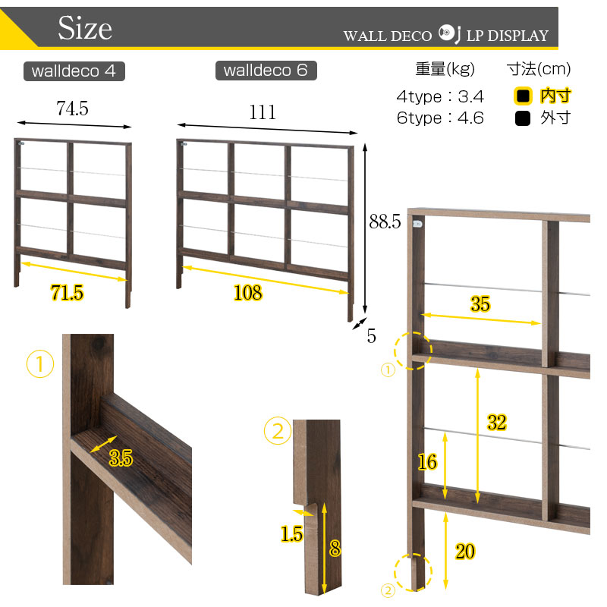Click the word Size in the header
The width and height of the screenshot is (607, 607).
[85, 28]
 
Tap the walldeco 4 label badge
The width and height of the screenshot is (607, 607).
[74, 71]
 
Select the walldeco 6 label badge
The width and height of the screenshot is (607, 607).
[266, 71]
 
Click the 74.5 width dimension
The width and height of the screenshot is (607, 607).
[72, 108]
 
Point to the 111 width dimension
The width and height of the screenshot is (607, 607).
[263, 112]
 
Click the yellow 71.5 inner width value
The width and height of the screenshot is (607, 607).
[67, 293]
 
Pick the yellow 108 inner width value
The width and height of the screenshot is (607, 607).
[248, 293]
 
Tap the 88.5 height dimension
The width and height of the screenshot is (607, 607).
[385, 222]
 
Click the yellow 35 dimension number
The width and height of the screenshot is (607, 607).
[480, 304]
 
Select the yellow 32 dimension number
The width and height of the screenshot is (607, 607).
[497, 422]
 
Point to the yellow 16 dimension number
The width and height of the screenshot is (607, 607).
[427, 462]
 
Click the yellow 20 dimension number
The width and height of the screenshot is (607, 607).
[464, 552]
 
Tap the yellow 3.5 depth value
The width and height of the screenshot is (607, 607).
[121, 458]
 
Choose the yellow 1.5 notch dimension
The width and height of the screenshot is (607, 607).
[291, 534]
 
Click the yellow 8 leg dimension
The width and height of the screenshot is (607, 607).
[335, 548]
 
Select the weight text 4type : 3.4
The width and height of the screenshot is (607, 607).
[440, 96]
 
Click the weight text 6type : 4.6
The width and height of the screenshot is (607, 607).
[440, 118]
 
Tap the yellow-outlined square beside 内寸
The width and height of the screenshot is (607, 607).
[523, 96]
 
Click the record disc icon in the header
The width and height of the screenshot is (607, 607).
[446, 33]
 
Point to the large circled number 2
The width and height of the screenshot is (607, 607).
[278, 430]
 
